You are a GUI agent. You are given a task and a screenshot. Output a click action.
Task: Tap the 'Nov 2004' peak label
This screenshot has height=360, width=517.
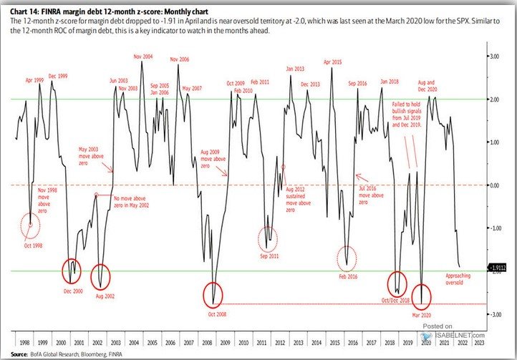pos(142,56)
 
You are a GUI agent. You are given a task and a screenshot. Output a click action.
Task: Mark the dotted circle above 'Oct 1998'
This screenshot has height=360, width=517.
pos(30,225)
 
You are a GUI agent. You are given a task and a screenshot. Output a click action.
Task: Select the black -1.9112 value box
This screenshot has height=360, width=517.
pos(499,268)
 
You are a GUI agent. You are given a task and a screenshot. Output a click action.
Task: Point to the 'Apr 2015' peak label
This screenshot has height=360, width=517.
pos(332,62)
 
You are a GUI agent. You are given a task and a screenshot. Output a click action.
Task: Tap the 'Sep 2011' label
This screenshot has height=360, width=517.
pos(269,255)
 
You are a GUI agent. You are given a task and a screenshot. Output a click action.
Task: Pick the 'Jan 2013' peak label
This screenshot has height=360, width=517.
pos(294,69)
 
